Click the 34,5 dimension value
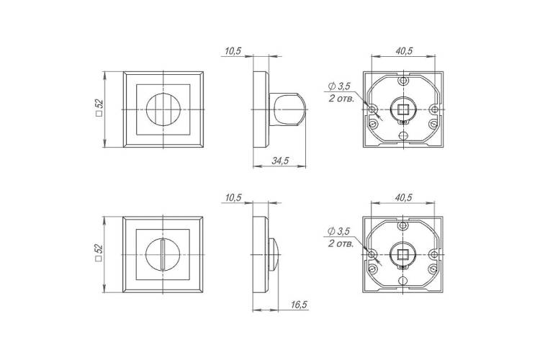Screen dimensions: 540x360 click(280, 161)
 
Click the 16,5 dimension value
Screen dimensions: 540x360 click(298, 305)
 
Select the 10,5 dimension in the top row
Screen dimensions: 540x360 click(233, 51)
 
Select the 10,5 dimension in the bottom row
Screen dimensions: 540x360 click(233, 198)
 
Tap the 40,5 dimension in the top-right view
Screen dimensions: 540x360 click(404, 51)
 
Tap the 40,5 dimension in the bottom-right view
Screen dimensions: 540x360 click(404, 198)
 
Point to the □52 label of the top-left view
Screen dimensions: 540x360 click(99, 109)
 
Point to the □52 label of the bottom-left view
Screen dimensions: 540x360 click(99, 253)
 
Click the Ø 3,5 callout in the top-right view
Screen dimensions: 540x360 click(340, 86)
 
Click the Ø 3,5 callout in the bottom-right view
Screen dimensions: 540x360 click(340, 231)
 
